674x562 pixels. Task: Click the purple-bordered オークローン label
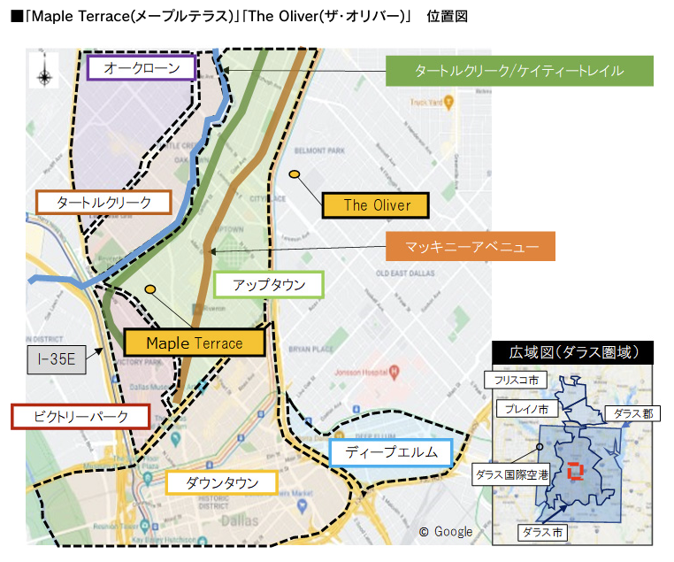point(142,68)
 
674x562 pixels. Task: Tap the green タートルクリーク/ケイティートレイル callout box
point(519,71)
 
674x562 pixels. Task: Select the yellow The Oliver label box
point(377,205)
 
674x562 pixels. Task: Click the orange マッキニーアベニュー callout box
point(470,246)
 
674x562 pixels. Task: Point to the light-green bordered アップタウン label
point(269,285)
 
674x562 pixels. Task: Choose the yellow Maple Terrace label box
point(195,343)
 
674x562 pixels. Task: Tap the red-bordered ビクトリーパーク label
point(80,416)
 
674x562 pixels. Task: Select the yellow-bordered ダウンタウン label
point(222,482)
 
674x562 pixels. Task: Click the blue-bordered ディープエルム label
point(390,452)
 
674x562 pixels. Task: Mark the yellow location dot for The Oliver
point(294,174)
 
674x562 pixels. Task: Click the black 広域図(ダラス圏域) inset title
point(572,352)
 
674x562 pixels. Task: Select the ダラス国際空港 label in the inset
point(512,474)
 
